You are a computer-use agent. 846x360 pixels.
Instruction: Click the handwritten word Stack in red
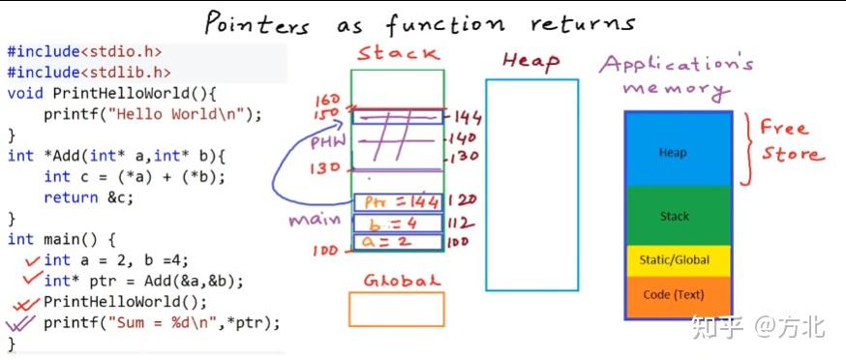pyautogui.click(x=398, y=54)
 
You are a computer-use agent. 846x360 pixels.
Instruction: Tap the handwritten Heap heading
pyautogui.click(x=530, y=61)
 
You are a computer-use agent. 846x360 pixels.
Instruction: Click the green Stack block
pyautogui.click(x=674, y=216)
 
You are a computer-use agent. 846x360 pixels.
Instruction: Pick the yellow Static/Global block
pyautogui.click(x=674, y=259)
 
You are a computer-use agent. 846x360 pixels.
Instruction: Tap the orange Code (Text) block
pyautogui.click(x=674, y=294)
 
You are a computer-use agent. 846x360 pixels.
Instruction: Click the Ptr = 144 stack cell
pyautogui.click(x=399, y=202)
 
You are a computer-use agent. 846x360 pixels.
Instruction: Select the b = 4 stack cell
pyautogui.click(x=399, y=223)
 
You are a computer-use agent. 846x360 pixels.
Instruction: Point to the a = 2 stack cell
pyautogui.click(x=399, y=242)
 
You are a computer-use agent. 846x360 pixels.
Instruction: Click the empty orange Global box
pyautogui.click(x=397, y=309)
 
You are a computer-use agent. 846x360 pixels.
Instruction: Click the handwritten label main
pyautogui.click(x=314, y=220)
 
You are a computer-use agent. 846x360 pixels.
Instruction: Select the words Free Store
pyautogui.click(x=790, y=141)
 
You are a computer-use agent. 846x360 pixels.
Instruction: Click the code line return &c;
pyautogui.click(x=84, y=196)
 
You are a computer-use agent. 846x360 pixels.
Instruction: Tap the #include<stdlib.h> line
pyautogui.click(x=89, y=72)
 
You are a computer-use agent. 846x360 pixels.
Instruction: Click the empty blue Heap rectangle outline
pyautogui.click(x=531, y=185)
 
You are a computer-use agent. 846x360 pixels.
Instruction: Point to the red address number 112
pyautogui.click(x=467, y=223)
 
